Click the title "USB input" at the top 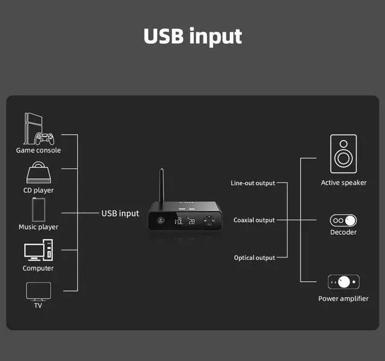[x=192, y=36]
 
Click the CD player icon [x=38, y=174]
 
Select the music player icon [x=38, y=209]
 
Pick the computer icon [x=38, y=250]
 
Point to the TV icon [x=38, y=291]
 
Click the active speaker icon [x=343, y=154]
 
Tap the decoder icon [x=343, y=220]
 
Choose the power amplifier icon [x=343, y=282]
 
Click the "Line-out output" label [x=253, y=183]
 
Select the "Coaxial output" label [x=254, y=220]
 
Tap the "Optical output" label [x=254, y=258]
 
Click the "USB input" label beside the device [x=120, y=213]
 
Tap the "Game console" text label [x=38, y=150]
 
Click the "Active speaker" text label [x=343, y=183]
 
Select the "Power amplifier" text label [x=343, y=299]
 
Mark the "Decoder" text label [x=343, y=232]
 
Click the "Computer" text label [x=38, y=268]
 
